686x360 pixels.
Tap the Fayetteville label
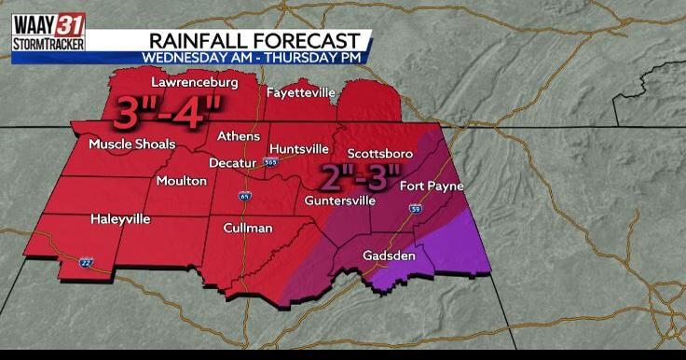[301, 92]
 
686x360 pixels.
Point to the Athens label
[239, 136]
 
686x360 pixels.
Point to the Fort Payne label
[431, 186]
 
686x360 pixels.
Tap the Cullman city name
[248, 227]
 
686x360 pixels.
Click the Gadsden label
[389, 255]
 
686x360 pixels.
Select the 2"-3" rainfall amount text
[360, 175]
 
